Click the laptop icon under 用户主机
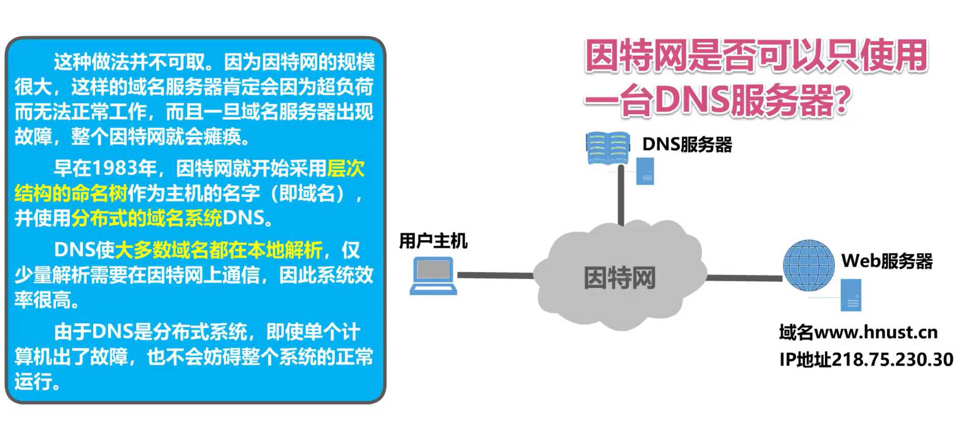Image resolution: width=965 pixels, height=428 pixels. pyautogui.click(x=433, y=275)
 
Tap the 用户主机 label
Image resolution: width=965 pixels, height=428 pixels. pyautogui.click(x=433, y=241)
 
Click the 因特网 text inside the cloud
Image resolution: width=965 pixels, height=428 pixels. pyautogui.click(x=620, y=278)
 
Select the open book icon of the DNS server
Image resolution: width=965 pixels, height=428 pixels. pyautogui.click(x=607, y=148)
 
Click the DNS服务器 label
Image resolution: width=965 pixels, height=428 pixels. pyautogui.click(x=687, y=145)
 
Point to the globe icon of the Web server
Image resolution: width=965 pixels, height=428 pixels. pyautogui.click(x=808, y=266)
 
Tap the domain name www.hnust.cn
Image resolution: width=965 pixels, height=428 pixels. pyautogui.click(x=876, y=332)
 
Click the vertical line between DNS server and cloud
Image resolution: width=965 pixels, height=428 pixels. pyautogui.click(x=621, y=196)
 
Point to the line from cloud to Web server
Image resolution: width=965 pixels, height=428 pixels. pyautogui.click(x=744, y=278)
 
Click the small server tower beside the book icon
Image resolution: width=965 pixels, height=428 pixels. pyautogui.click(x=645, y=171)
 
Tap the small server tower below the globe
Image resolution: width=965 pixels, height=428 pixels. pyautogui.click(x=851, y=295)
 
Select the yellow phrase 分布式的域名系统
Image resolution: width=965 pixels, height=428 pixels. pyautogui.click(x=147, y=218)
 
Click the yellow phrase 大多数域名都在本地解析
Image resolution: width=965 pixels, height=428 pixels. pyautogui.click(x=219, y=250)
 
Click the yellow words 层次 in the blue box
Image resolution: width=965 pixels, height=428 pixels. pyautogui.click(x=346, y=168)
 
